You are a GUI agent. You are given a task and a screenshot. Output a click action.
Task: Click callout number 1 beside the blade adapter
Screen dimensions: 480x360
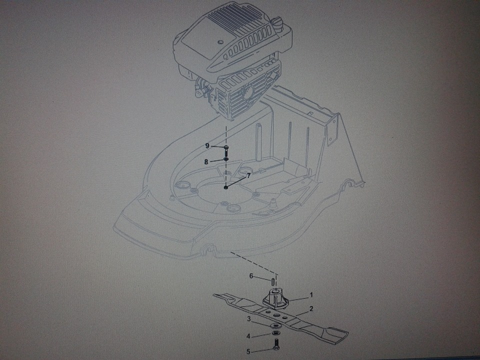(x=311, y=295)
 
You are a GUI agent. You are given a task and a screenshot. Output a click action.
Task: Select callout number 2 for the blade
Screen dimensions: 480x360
(x=311, y=308)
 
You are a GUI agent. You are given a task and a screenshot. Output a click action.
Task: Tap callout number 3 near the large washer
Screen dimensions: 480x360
(x=249, y=319)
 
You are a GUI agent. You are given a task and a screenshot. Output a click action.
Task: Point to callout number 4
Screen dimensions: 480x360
(x=248, y=336)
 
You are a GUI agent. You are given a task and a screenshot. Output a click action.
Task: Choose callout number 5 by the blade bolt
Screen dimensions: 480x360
(x=248, y=351)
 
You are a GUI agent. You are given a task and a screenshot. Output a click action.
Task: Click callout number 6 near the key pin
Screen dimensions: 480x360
(x=251, y=276)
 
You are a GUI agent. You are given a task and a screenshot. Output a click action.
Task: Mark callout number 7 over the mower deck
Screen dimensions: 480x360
(x=248, y=175)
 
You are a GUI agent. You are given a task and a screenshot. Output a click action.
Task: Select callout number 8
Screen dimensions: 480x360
(x=206, y=161)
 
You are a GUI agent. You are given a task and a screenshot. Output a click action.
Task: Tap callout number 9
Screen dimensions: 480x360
(x=207, y=145)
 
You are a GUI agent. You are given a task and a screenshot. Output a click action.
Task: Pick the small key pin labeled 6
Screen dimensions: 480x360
(x=272, y=280)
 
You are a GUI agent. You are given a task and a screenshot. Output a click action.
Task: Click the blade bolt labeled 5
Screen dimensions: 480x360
(x=275, y=344)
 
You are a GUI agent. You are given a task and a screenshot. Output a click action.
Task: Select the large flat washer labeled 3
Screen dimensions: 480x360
(x=275, y=325)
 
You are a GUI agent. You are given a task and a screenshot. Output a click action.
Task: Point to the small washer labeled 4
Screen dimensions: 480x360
(x=275, y=333)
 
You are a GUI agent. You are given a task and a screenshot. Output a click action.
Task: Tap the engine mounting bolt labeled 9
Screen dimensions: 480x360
(x=226, y=150)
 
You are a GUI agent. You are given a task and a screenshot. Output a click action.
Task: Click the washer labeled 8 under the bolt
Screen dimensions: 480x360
(x=226, y=159)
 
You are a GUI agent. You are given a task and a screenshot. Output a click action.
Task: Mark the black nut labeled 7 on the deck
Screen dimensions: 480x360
(x=226, y=187)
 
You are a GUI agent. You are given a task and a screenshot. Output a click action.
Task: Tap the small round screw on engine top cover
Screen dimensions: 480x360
(x=220, y=41)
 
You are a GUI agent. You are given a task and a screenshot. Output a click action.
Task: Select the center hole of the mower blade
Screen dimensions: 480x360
(x=275, y=315)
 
